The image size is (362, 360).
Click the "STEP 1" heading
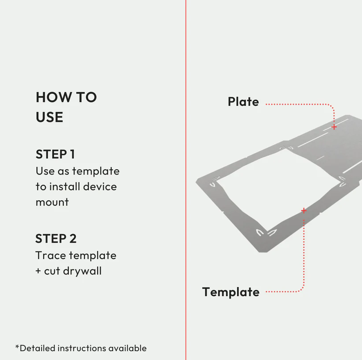55,154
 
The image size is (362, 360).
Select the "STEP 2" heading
56,239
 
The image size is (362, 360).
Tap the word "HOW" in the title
54,97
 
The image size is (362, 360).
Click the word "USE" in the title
50,117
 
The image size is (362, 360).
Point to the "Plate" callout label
243,102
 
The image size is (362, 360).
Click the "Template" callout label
231,292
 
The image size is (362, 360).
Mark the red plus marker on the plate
334,127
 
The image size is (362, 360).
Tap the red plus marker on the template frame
304,210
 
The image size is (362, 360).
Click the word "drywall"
82,271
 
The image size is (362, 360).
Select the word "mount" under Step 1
52,202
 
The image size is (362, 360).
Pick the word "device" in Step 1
100,187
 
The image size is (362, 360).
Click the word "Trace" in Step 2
51,255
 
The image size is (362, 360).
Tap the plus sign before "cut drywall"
38,271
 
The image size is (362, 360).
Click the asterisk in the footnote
17,346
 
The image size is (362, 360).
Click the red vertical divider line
185,180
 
